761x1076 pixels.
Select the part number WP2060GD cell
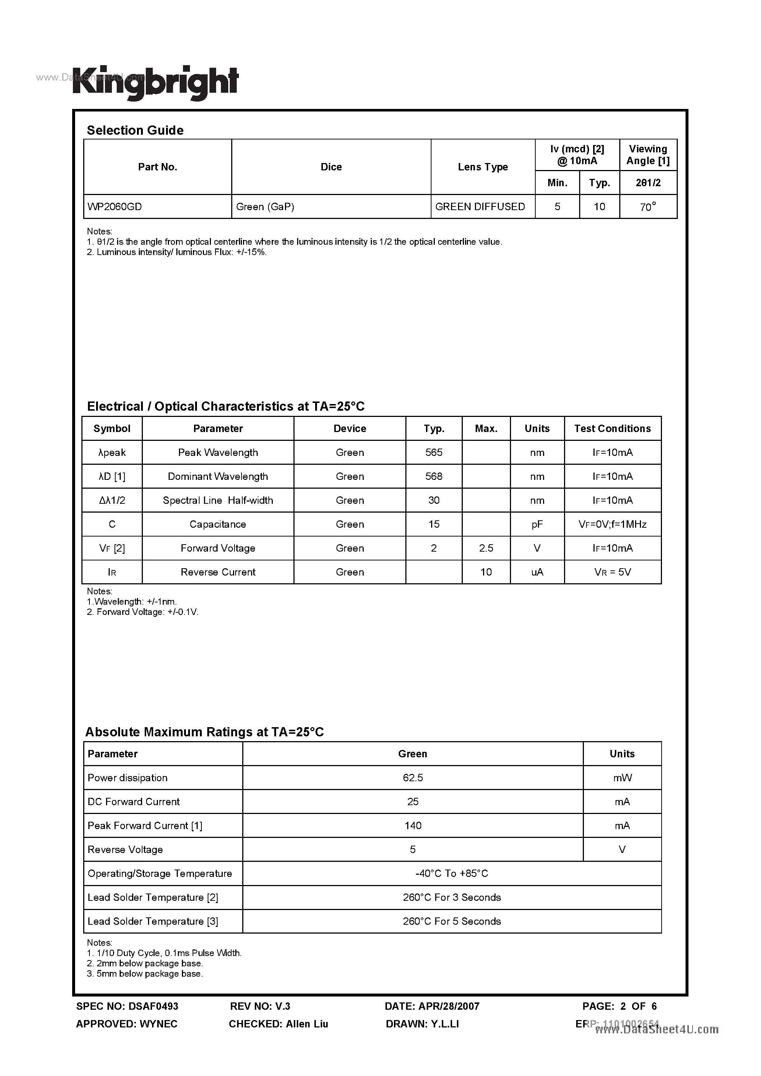click(x=114, y=207)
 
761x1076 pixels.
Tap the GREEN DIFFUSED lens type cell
click(x=480, y=207)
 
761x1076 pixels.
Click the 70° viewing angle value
click(x=648, y=207)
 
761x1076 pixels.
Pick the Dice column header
click(x=331, y=167)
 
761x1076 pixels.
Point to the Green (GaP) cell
click(x=265, y=207)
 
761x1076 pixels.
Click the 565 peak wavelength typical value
click(x=434, y=452)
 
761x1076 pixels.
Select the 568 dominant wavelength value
click(x=434, y=476)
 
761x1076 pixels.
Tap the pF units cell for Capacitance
click(x=537, y=524)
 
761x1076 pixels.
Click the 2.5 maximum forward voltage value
click(x=486, y=548)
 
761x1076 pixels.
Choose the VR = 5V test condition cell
click(x=612, y=572)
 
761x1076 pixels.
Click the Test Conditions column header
click(x=612, y=428)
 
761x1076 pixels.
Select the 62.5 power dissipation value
click(x=413, y=778)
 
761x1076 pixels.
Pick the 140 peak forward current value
click(x=413, y=825)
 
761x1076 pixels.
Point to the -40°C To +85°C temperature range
click(x=451, y=873)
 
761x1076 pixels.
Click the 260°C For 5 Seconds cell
click(x=451, y=921)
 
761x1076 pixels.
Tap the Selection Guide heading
click(x=135, y=130)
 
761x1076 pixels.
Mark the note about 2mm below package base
click(x=145, y=963)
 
